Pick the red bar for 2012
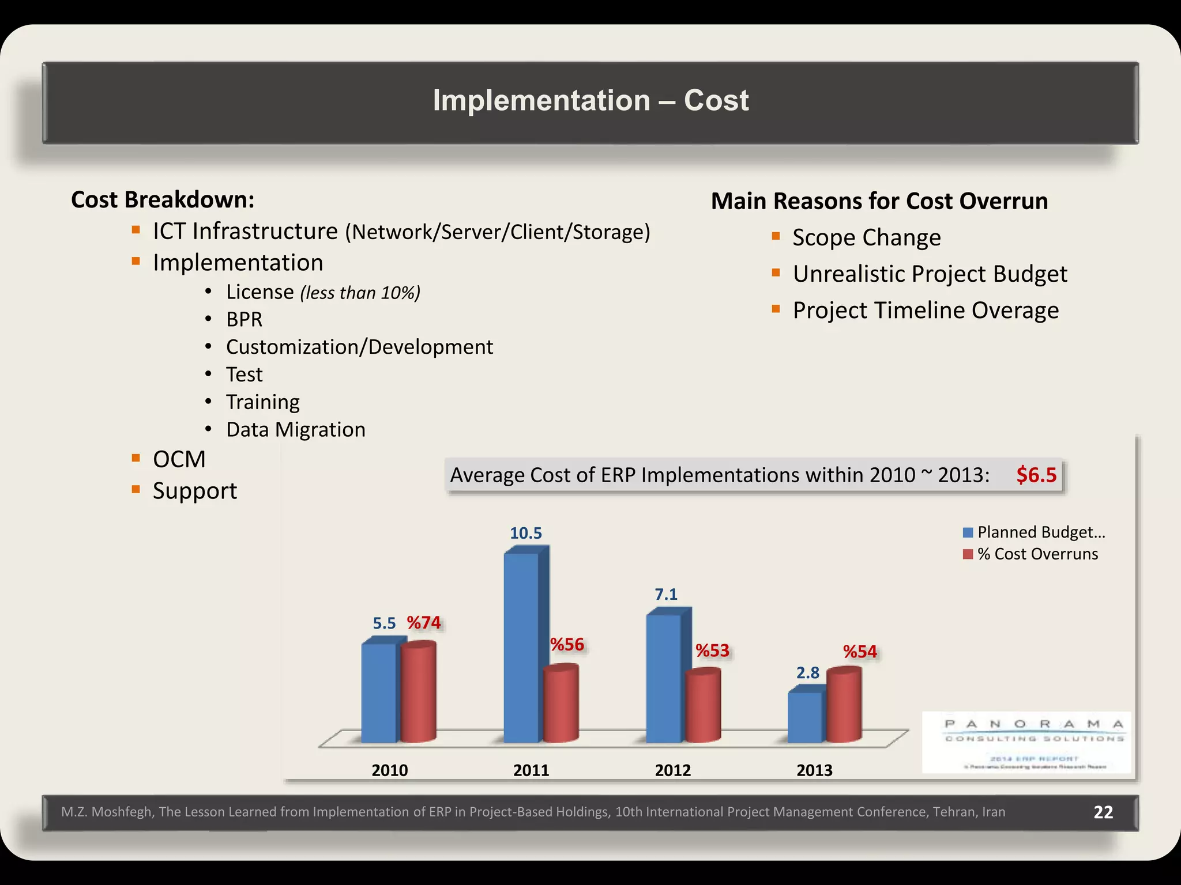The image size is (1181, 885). (703, 706)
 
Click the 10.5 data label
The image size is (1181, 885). (525, 533)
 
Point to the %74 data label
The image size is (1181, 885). (424, 623)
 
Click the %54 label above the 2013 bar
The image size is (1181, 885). (860, 652)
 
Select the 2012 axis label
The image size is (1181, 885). (672, 770)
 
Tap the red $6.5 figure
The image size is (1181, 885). (1036, 475)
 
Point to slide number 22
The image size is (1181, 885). (1103, 812)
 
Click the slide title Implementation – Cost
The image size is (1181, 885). (590, 100)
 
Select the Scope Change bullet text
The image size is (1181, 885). (866, 237)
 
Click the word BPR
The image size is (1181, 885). (244, 319)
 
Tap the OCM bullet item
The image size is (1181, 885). (179, 459)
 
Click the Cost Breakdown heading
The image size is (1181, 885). (163, 200)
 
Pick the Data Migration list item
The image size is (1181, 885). (295, 430)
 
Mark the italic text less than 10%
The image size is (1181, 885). (360, 293)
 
